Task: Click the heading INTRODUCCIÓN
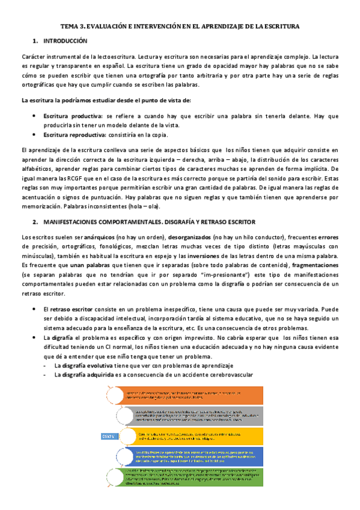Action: pos(66,41)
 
